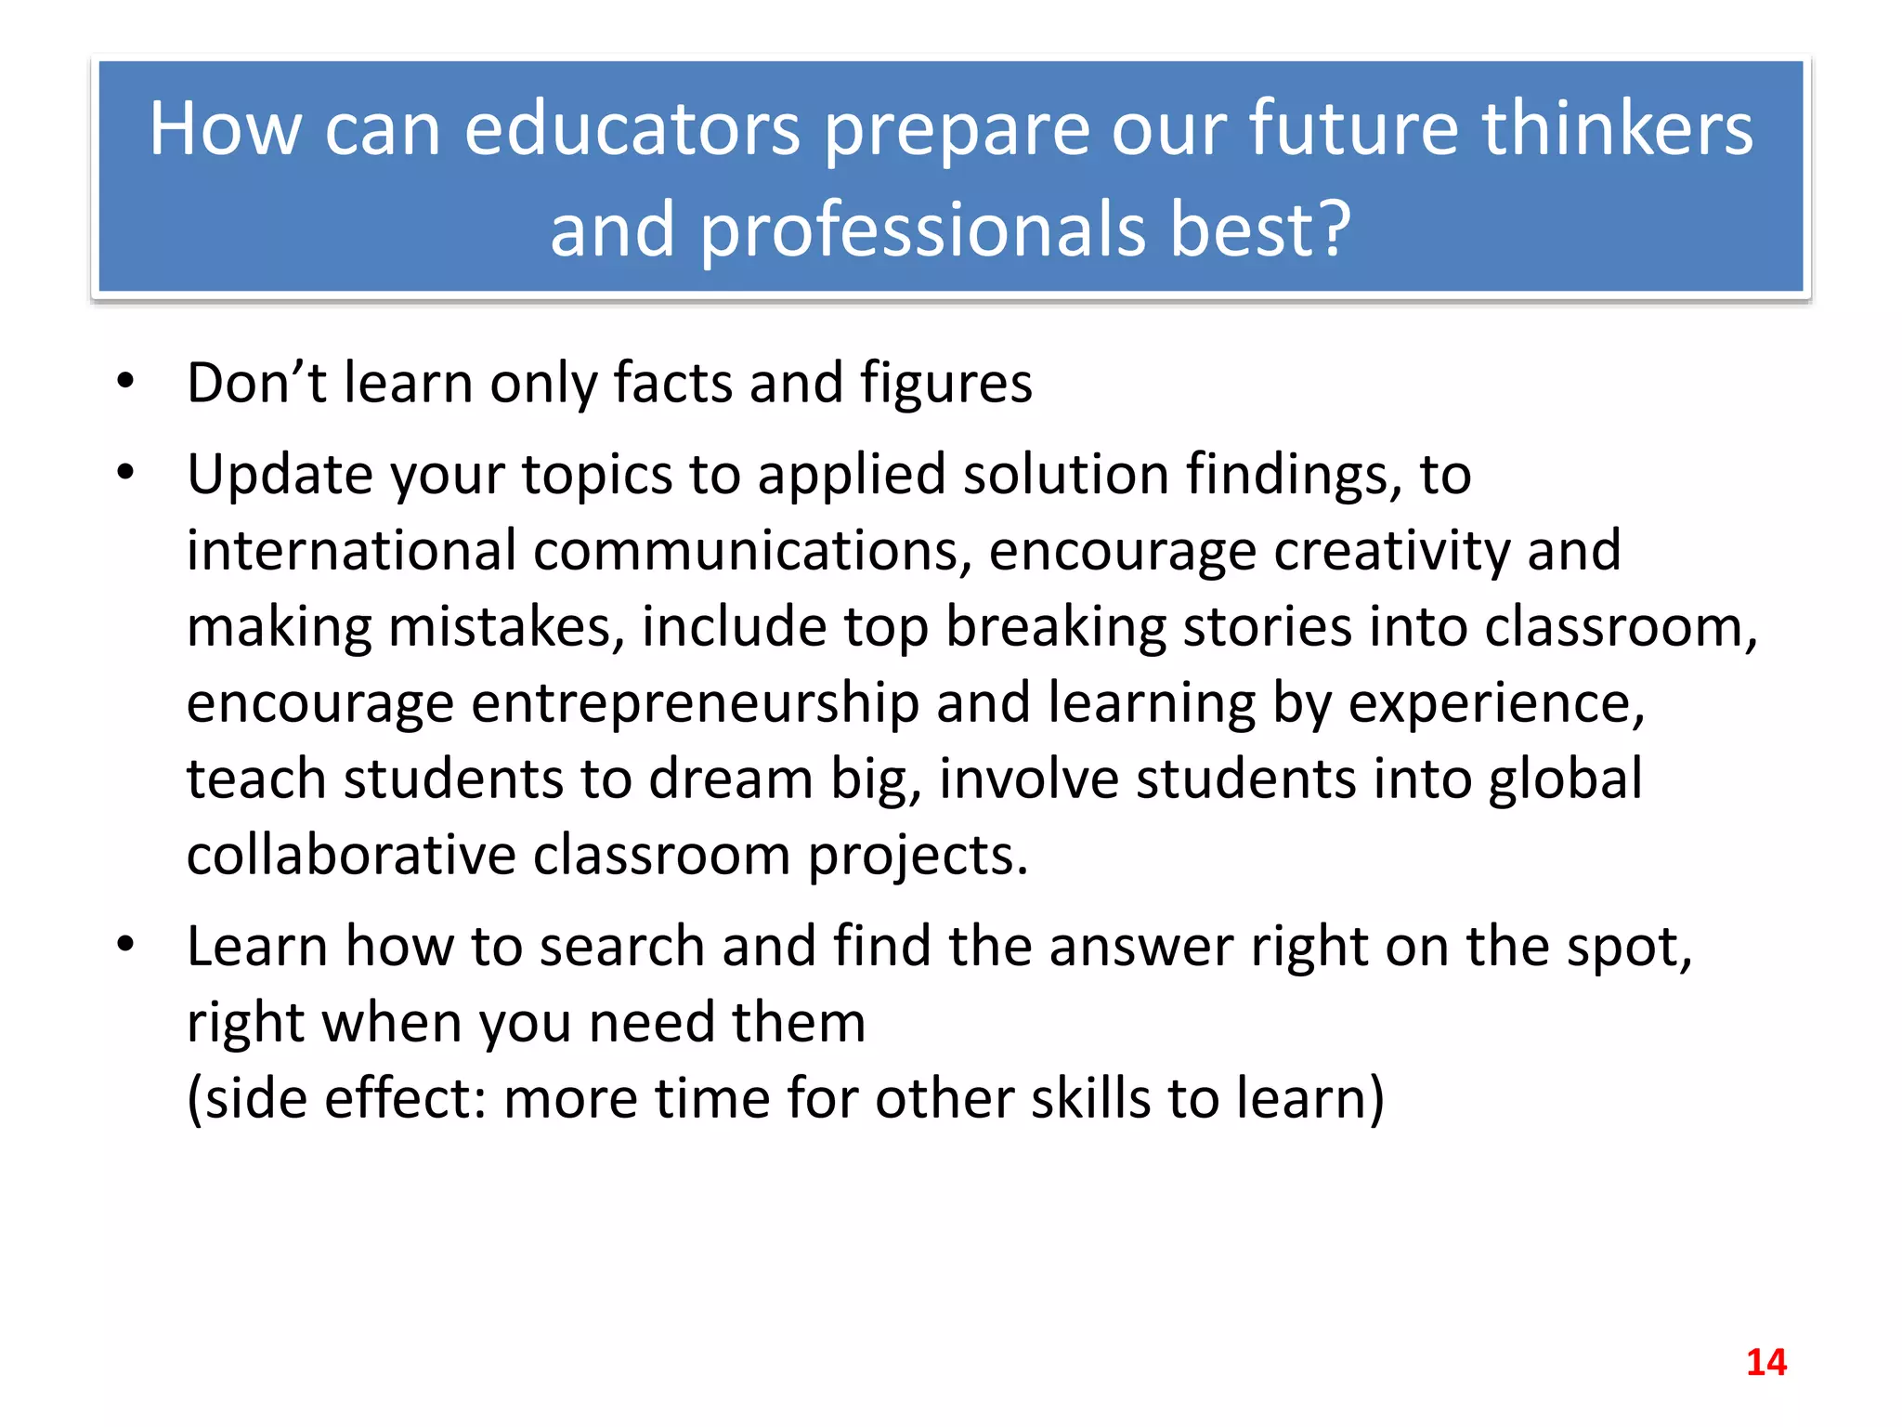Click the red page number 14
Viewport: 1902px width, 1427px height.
[1765, 1362]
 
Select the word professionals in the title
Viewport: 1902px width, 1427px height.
[923, 229]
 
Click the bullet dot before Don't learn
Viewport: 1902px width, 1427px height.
[126, 381]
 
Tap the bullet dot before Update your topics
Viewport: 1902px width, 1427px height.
[126, 473]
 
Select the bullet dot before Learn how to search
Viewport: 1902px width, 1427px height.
[126, 945]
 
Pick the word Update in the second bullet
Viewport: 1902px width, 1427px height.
[280, 475]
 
